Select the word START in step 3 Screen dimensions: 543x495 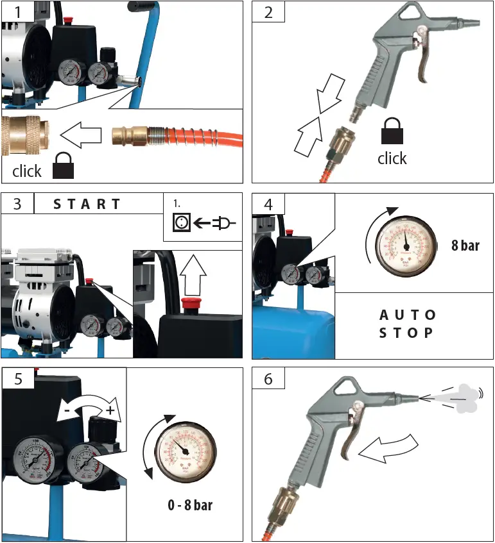tap(87, 205)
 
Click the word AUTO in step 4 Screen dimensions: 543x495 tap(408, 315)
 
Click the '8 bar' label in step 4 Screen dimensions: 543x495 tap(465, 246)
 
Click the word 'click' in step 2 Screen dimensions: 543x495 tap(392, 158)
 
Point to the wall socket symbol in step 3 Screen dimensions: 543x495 tap(182, 223)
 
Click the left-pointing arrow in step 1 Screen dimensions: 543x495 tap(81, 135)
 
